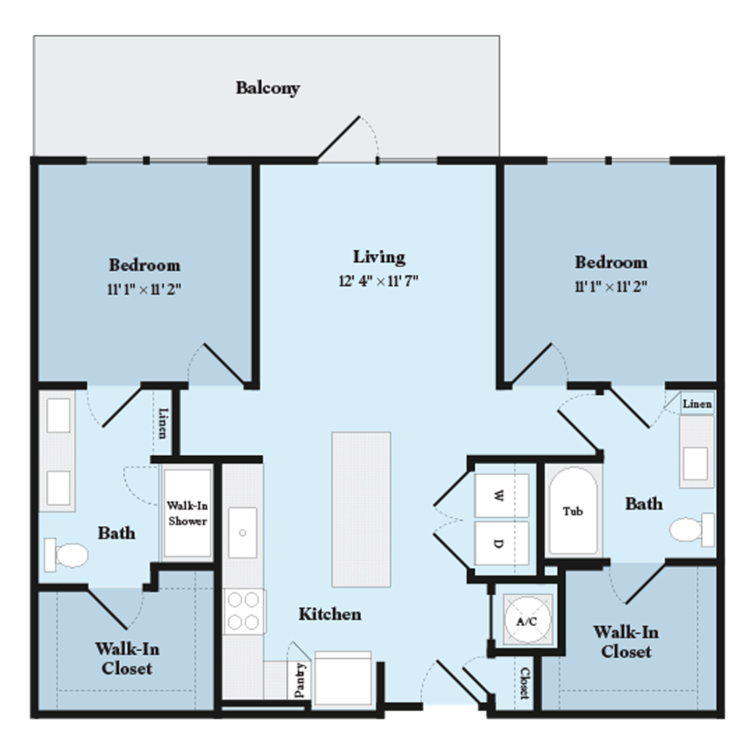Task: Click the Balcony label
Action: coord(268,88)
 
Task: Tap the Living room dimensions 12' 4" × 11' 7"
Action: coord(378,281)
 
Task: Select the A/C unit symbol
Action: coord(527,620)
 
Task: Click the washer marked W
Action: coord(501,495)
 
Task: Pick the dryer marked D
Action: coord(501,543)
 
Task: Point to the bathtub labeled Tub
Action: coord(574,511)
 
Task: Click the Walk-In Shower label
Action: coord(187,513)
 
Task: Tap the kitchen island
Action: coord(361,510)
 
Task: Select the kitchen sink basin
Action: coord(242,532)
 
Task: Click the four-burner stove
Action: coord(244,611)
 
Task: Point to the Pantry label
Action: coord(300,680)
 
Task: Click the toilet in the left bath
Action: coord(66,555)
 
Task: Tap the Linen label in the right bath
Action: coord(697,404)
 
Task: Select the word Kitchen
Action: coord(330,615)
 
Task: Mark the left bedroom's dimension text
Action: coord(144,289)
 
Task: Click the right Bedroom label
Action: coord(611,263)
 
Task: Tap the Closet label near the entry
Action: coord(525,683)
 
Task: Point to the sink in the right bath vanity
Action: coord(695,464)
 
